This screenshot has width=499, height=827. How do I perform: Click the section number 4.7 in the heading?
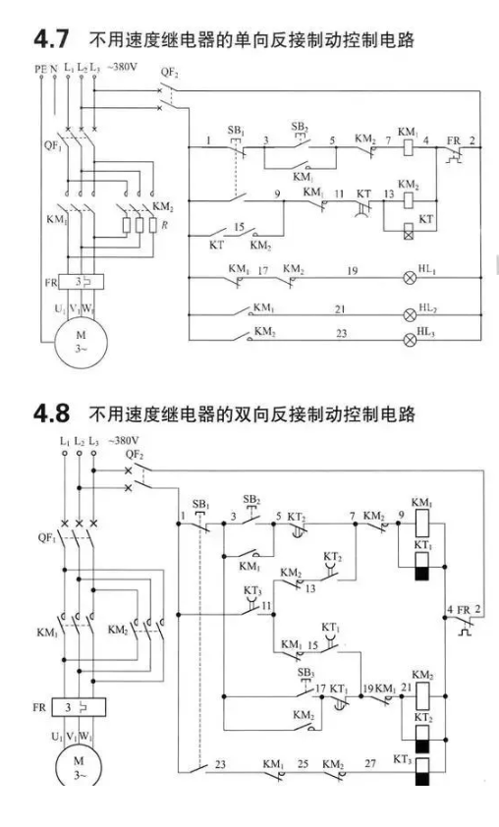pos(51,39)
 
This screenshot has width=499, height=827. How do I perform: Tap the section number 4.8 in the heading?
pos(51,413)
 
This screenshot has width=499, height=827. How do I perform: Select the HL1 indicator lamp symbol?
pos(410,278)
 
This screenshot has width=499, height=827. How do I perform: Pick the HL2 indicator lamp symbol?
pos(410,315)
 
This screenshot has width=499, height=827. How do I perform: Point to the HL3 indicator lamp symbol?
pos(410,339)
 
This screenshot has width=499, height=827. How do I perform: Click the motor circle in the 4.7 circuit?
pos(81,341)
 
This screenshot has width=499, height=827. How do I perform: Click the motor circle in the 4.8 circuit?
pos(79,766)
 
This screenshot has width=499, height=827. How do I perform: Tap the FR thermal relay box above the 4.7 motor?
pos(82,282)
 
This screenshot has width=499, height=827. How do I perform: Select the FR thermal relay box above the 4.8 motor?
pos(79,707)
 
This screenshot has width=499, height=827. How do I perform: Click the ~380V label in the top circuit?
pos(123,68)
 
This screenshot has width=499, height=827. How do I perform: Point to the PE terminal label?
pos(40,69)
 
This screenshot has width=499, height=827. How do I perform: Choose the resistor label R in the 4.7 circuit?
pos(165,225)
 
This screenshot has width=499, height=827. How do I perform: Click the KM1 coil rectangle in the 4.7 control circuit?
pos(409,147)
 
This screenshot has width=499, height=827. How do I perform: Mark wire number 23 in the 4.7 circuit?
pos(342,333)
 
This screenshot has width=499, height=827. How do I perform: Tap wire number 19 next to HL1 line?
pos(353,270)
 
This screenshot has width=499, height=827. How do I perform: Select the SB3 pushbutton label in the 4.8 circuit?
pos(305,673)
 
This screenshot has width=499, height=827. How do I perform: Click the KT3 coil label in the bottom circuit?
pos(403,759)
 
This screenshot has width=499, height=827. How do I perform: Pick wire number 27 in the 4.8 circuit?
pos(370,763)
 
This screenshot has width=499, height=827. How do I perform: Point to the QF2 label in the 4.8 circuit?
pos(135,454)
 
